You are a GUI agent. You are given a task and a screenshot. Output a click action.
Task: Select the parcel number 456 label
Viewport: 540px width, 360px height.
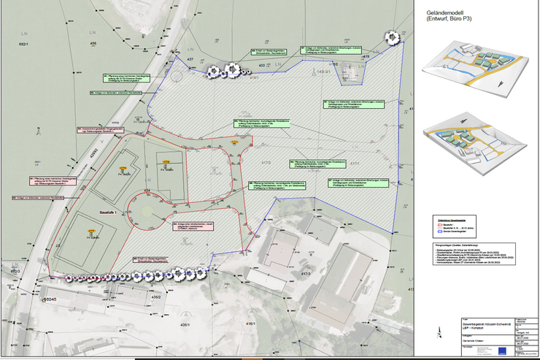93,45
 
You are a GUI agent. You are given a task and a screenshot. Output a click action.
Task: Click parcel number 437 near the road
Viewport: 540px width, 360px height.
190,59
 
